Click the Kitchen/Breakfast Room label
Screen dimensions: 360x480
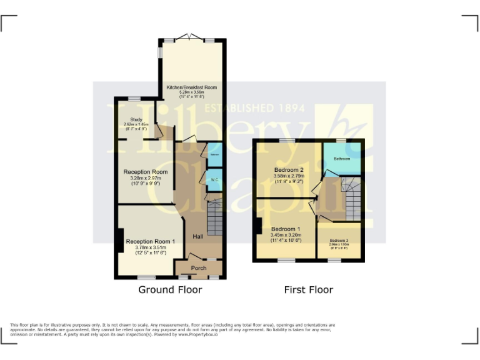[x=191, y=87]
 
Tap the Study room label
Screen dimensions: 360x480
[x=136, y=119]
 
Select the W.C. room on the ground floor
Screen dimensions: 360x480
[x=214, y=179]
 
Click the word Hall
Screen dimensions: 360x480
[x=197, y=237]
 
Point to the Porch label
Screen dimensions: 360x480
[x=199, y=268]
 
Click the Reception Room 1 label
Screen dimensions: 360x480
[x=151, y=241]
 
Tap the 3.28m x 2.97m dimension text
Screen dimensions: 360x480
[x=145, y=178]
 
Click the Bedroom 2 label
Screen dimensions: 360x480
[x=288, y=169]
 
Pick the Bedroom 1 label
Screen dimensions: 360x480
[x=286, y=229]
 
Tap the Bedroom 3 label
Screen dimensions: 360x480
[x=339, y=241]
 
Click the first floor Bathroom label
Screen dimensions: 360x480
[x=342, y=159]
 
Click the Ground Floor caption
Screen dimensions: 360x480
[x=170, y=289]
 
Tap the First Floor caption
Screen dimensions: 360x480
[x=309, y=289]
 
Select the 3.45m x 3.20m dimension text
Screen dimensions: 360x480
[x=286, y=235]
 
